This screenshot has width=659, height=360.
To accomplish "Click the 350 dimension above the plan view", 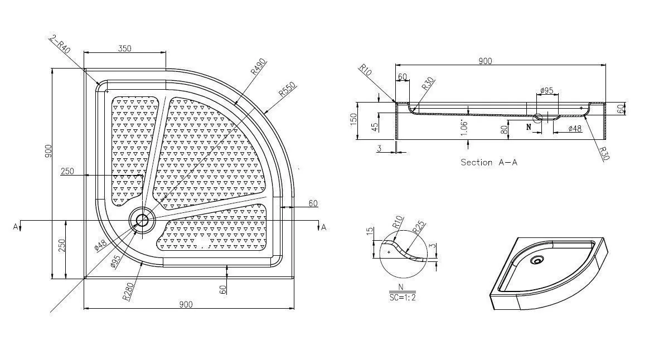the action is pos(124,48).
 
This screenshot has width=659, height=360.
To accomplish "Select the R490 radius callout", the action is pos(259,67).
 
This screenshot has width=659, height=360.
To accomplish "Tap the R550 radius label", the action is pos(288,90).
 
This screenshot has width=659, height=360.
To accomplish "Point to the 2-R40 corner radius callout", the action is pos(60,44).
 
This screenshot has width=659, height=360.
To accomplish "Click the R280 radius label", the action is pos(128,291).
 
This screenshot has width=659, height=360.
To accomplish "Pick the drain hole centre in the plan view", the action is pos(142,220).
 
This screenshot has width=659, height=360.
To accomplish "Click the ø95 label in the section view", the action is pos(546,90).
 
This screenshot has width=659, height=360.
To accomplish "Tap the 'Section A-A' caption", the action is pos(489,162).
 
